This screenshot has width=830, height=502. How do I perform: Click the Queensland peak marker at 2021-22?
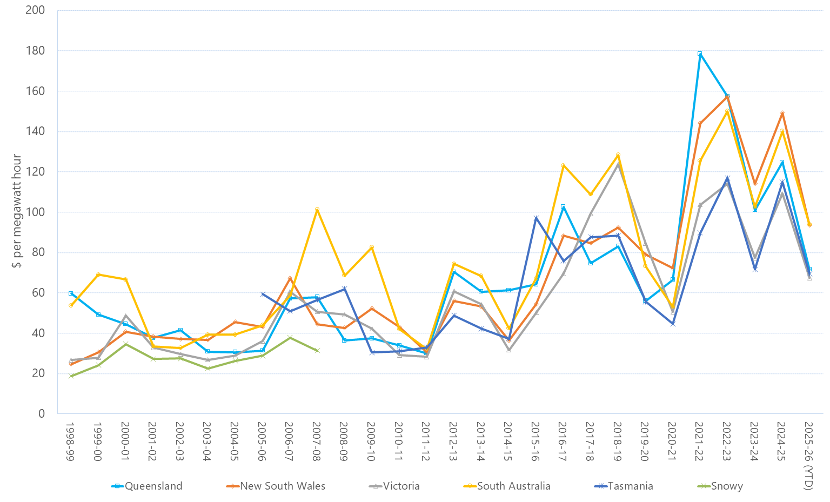700,53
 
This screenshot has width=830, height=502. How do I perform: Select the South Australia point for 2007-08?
317,209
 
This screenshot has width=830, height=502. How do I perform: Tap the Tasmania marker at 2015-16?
536,218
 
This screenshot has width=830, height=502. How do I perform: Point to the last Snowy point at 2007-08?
317,350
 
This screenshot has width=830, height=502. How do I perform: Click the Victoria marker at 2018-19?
618,164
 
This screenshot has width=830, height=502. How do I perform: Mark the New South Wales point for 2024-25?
781,113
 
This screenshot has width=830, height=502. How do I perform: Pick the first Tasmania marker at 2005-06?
263,294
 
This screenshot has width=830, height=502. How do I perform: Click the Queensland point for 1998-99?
71,293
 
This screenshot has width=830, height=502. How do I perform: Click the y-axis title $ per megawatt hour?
17,211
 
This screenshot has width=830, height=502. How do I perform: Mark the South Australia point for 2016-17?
563,165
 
